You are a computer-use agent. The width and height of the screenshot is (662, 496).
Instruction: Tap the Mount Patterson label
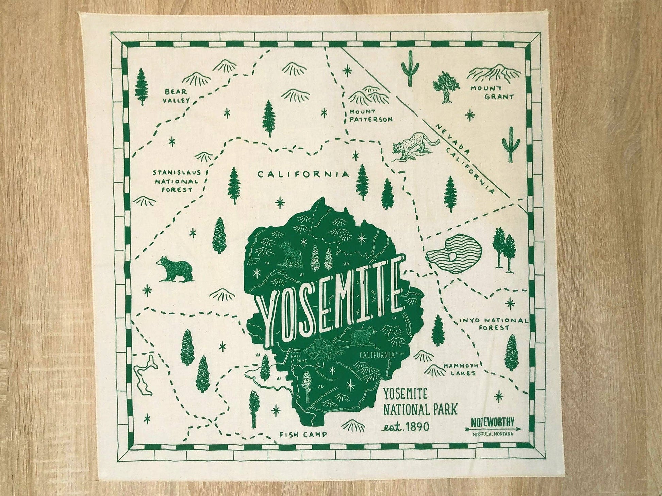coord(371,116)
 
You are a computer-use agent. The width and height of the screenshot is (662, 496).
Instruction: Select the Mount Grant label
coord(492,92)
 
